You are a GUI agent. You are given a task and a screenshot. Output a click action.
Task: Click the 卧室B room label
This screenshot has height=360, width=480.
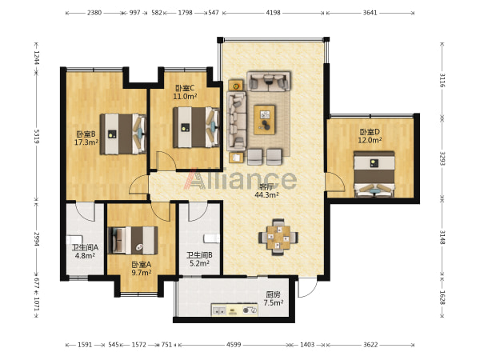click(x=86, y=134)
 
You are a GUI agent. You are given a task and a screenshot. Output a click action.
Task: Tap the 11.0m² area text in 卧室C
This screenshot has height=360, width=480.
click(x=185, y=97)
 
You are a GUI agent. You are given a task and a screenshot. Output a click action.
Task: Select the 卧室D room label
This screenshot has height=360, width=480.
click(x=370, y=132)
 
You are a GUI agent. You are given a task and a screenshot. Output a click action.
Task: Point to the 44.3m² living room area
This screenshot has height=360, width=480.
click(x=266, y=194)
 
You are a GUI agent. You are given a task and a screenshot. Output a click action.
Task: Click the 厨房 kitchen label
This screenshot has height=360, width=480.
click(x=273, y=294)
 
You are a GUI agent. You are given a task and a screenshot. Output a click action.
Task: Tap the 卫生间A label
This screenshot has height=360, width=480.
click(x=85, y=247)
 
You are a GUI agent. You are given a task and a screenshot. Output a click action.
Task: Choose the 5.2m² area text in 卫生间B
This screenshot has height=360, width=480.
click(x=199, y=263)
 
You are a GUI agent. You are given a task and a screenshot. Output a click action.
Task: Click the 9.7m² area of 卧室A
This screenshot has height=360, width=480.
click(x=142, y=273)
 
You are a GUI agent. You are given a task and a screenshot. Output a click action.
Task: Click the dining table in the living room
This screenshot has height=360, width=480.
click(x=278, y=237)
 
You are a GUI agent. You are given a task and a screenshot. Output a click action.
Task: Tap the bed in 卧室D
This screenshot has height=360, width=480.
click(x=374, y=174)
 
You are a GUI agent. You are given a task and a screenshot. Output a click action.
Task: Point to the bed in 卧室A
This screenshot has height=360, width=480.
click(x=133, y=240)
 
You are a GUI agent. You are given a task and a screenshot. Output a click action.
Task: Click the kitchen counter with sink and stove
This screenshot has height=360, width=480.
click(x=234, y=310)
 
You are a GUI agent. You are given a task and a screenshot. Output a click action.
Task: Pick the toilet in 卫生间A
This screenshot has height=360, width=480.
click(x=74, y=239)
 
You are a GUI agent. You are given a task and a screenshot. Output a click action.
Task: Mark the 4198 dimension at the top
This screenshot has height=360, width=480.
click(x=273, y=13)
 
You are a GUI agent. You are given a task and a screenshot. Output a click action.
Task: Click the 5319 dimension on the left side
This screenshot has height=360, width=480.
click(x=36, y=137)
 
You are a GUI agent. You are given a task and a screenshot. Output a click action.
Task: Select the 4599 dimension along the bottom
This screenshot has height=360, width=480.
click(x=234, y=345)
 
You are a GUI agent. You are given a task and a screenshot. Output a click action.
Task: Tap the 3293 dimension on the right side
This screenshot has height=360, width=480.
click(x=442, y=158)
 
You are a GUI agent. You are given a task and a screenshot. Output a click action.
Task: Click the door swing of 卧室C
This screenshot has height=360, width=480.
click(x=166, y=161)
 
